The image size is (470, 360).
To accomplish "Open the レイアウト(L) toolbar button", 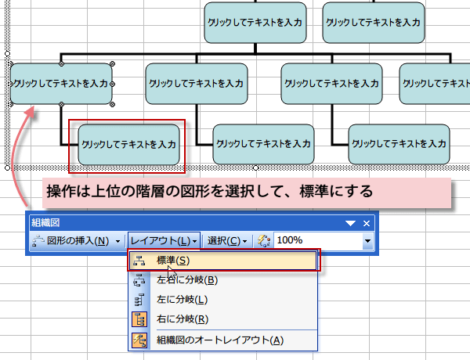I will point(163,240).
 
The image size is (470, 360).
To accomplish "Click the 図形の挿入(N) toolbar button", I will point(75,240).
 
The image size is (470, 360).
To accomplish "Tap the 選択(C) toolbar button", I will point(227,240).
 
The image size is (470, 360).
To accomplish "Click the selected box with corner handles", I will point(60,82).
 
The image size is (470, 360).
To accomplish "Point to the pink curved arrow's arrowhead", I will point(33,112).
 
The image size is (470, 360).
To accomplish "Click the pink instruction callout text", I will point(208,191).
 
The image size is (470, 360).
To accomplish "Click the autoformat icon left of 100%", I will point(263,240).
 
